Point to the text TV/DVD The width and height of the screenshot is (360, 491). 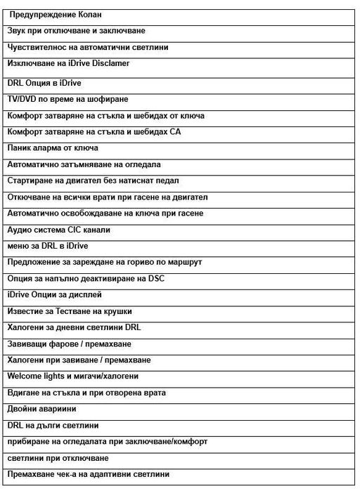[22, 99]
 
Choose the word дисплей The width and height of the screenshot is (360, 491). [88, 295]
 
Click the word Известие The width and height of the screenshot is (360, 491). [27, 311]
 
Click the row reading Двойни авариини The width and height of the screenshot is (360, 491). [41, 409]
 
